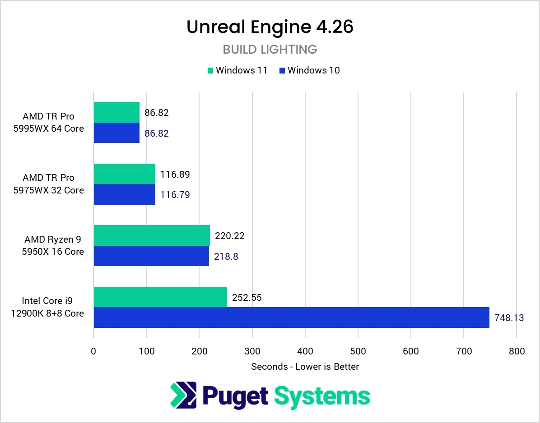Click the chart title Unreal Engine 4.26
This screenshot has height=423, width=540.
tap(270, 28)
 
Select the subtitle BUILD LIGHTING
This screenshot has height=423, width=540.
tap(270, 49)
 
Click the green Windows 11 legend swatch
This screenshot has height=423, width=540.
tap(210, 70)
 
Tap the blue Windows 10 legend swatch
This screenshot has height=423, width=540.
tap(282, 70)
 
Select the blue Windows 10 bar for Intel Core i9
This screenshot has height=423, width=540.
tap(291, 317)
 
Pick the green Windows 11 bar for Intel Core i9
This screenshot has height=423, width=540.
tap(160, 297)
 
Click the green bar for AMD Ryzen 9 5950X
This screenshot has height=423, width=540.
tap(152, 235)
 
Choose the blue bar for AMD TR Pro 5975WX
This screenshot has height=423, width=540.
tap(124, 194)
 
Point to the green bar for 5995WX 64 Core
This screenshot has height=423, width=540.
tap(116, 112)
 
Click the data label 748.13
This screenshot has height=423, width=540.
tap(509, 318)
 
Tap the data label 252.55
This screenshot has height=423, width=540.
tap(247, 298)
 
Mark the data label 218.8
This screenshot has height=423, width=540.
tap(226, 257)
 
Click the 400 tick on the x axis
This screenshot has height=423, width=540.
tap(305, 351)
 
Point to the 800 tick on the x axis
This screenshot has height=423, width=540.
tap(517, 351)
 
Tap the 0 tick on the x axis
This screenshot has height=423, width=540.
tap(93, 351)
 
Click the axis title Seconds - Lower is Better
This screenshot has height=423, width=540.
tap(305, 367)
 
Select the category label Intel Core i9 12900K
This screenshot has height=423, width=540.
tap(47, 307)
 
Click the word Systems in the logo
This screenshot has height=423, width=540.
tap(322, 396)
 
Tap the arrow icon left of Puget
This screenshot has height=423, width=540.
tap(183, 395)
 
